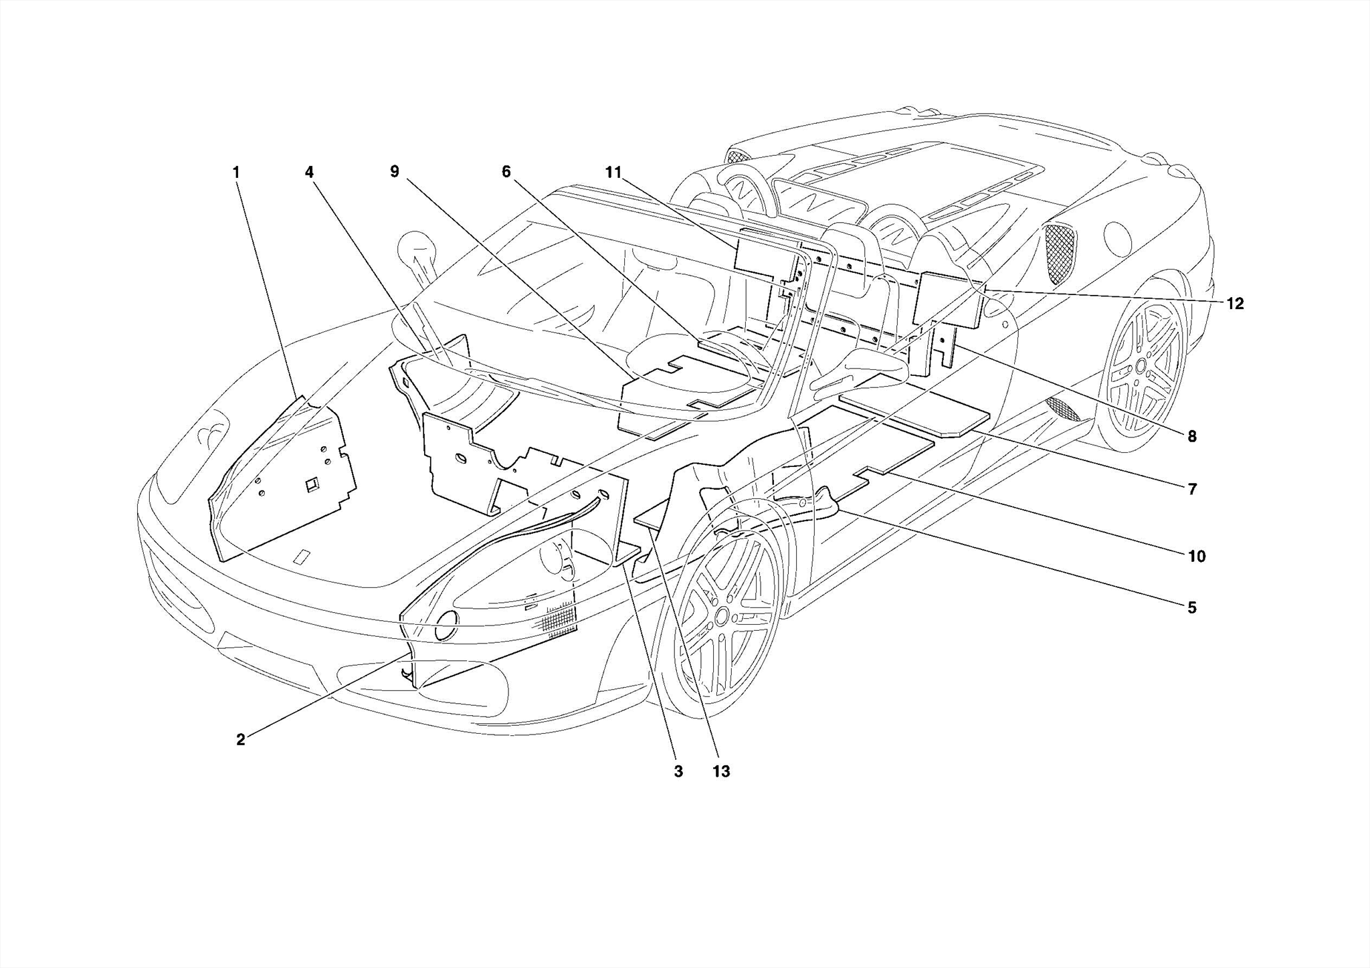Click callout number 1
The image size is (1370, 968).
235,173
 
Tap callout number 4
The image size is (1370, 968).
309,173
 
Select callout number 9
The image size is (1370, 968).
395,172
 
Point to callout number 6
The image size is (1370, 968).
506,172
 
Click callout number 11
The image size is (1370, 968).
613,172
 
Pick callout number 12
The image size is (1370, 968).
1235,304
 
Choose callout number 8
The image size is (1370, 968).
1191,437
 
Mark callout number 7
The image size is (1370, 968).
1191,490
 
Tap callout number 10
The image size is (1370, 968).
1196,556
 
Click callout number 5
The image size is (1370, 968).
1191,607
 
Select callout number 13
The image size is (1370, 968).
720,771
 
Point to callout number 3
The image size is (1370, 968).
678,771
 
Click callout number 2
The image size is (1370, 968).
240,740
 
